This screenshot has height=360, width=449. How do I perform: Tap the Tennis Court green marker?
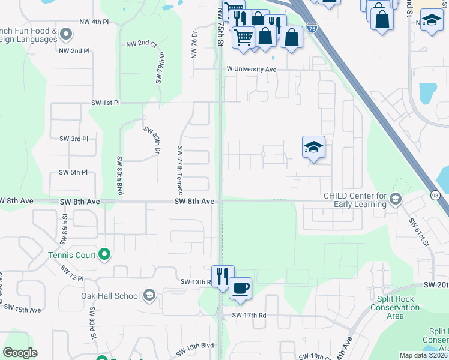(104, 255)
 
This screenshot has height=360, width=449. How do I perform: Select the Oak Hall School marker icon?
(149, 295)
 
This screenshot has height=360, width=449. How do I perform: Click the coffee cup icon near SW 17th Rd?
(241, 288)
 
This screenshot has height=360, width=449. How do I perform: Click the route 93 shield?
(435, 195)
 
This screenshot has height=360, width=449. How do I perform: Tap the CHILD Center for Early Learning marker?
(395, 199)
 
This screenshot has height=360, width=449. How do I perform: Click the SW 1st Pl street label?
(106, 103)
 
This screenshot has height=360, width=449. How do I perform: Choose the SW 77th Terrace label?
(179, 170)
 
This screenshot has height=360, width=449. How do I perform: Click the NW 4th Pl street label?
(94, 22)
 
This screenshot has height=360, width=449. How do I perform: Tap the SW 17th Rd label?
(249, 316)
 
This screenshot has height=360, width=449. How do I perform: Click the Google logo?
(20, 353)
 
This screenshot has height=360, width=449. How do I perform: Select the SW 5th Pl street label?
(73, 173)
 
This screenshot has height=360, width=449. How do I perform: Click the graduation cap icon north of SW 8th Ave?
(313, 148)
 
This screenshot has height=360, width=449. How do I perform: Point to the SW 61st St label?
(419, 232)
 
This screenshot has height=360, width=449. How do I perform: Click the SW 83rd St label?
(94, 322)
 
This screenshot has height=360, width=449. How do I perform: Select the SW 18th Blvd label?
(195, 346)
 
